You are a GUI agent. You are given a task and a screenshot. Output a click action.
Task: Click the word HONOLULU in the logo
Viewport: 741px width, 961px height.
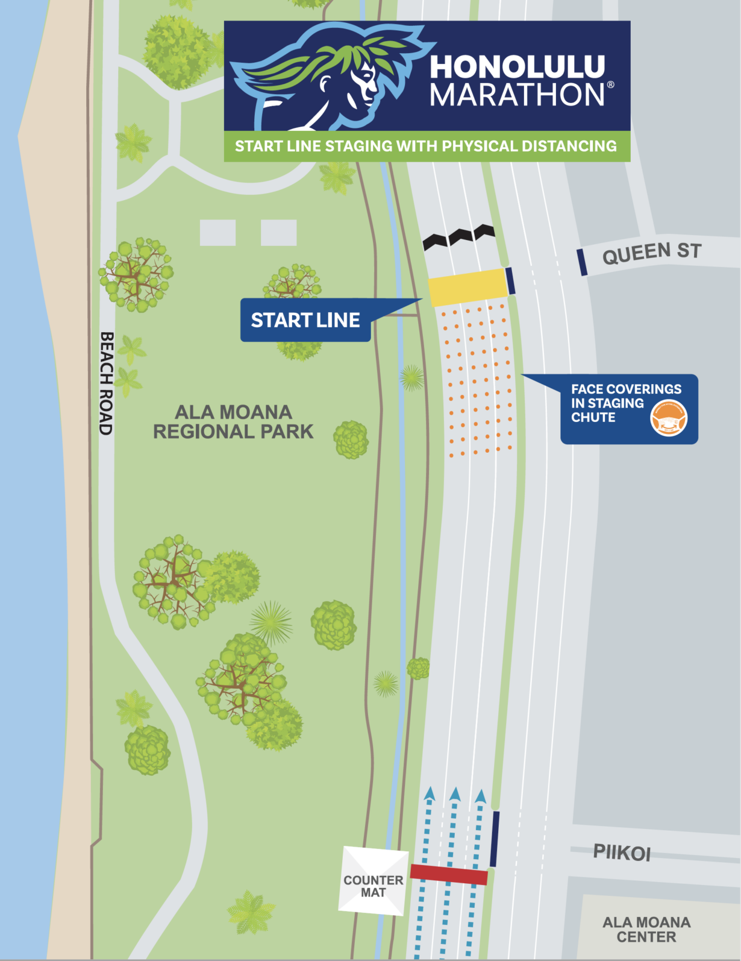(517, 67)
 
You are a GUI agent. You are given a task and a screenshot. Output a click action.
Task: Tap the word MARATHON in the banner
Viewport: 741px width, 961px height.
(517, 95)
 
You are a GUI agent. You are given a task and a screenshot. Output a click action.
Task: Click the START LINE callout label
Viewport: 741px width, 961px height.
(305, 320)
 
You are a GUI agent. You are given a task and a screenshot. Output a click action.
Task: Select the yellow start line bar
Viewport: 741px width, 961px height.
(466, 287)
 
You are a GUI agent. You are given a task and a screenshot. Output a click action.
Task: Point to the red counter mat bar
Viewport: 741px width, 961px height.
(449, 874)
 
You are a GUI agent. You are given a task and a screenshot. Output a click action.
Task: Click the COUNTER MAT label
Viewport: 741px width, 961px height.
(374, 886)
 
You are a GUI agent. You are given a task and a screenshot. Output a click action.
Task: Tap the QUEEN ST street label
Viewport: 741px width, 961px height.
(652, 253)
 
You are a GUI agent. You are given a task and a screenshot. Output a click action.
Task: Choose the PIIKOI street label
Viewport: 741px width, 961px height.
(622, 852)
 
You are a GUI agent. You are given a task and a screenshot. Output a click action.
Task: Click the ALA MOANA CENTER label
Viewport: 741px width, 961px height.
(646, 930)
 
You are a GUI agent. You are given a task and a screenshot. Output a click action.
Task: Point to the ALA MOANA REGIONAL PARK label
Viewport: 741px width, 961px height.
(233, 422)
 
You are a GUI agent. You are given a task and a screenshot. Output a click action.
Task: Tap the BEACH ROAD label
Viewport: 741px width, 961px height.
(106, 383)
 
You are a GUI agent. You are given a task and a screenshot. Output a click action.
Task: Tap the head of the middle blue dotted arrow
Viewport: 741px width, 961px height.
(455, 794)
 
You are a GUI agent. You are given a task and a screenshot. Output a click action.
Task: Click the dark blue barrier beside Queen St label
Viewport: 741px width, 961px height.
(582, 262)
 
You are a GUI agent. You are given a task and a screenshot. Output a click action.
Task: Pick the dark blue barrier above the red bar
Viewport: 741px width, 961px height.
(495, 839)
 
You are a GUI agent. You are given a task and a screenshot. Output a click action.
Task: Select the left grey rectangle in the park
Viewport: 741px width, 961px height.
(217, 233)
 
